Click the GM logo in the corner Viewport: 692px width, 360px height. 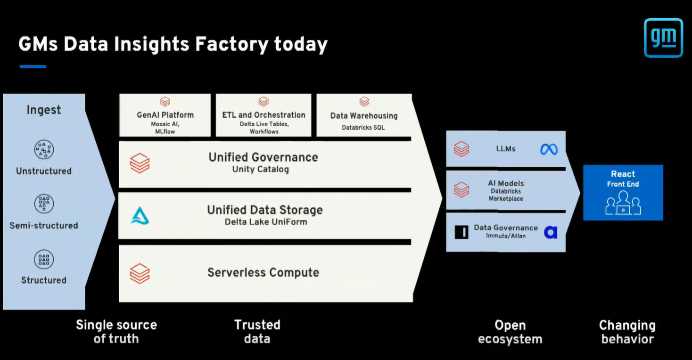663,38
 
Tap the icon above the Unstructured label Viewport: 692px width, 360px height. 44,150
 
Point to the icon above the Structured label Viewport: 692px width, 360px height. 44,259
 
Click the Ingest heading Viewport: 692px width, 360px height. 44,110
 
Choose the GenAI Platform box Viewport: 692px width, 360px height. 165,115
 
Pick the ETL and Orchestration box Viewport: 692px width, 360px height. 264,115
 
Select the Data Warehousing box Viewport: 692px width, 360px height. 363,115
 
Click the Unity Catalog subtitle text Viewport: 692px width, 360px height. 261,169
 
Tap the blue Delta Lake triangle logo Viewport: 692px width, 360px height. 140,216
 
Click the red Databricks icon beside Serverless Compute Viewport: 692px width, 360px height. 140,273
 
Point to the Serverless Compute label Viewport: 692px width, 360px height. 263,272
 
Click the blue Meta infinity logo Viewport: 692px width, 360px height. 549,149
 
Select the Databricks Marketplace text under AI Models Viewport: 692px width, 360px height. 506,195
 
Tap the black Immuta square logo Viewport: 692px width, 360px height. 461,232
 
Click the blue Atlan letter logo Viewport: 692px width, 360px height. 550,232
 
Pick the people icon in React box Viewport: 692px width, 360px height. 623,203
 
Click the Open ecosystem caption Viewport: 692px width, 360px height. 510,332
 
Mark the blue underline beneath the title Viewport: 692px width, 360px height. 33,66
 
